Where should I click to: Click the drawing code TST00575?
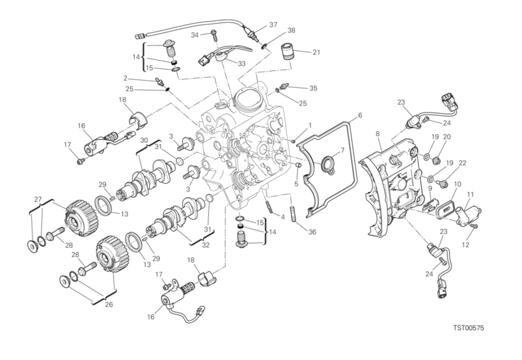click(469, 328)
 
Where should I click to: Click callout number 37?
click(273, 25)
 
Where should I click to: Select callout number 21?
click(316, 52)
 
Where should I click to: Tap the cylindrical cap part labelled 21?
click(288, 51)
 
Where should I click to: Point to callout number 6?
click(359, 116)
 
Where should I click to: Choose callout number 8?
click(378, 134)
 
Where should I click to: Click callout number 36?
click(312, 232)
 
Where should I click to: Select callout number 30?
click(143, 140)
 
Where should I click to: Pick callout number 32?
click(206, 245)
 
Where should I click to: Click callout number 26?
click(109, 305)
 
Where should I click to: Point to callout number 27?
click(38, 199)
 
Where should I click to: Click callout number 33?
click(241, 63)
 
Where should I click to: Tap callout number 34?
click(195, 35)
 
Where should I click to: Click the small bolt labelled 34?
click(213, 35)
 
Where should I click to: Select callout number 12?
click(465, 245)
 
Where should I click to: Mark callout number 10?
click(458, 184)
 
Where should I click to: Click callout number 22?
click(462, 163)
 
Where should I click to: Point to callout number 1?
click(310, 125)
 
